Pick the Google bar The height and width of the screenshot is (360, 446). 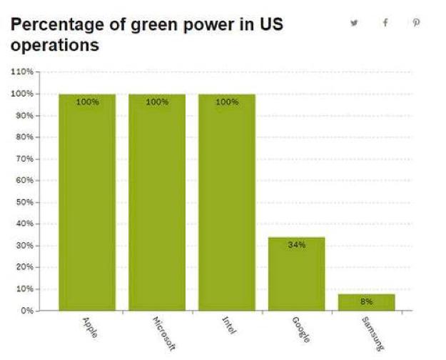coord(297,274)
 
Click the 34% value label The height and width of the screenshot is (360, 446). coord(297,245)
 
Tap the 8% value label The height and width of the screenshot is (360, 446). coord(366,301)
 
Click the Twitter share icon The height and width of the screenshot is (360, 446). coord(354,23)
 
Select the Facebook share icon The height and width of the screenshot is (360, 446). coord(385,23)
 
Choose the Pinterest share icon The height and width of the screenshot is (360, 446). coord(417,23)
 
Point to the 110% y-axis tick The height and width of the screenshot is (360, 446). coord(23,71)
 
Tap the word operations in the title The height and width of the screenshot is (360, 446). coord(54,45)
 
